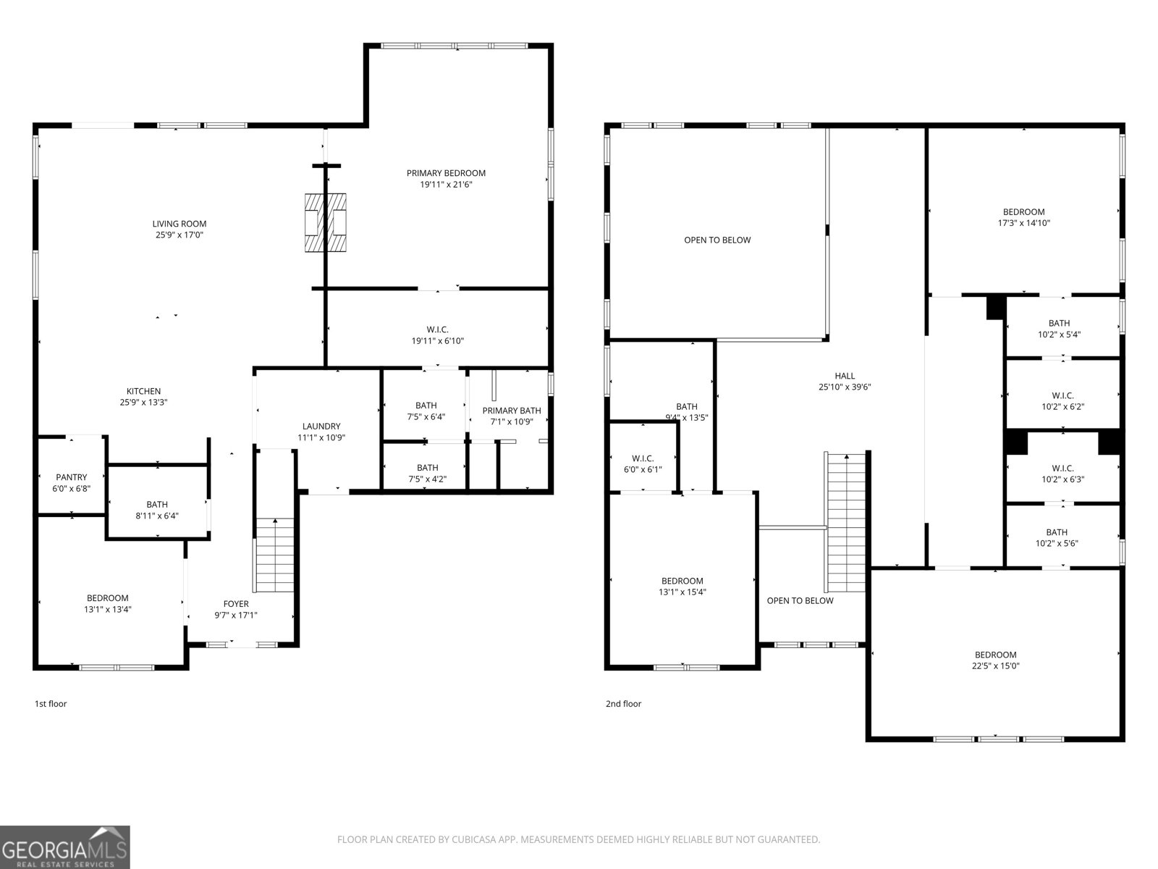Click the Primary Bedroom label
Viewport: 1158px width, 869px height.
coord(446,173)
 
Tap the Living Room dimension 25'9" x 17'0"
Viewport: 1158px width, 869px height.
coord(179,235)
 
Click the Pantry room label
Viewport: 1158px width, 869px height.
coord(72,477)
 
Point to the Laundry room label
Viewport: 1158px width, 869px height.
coord(321,427)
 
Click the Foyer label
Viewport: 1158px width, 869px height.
coord(236,604)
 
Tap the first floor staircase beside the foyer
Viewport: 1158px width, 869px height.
coord(274,555)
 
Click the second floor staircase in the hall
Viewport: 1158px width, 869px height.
coord(846,521)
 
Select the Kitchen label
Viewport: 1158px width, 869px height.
coord(144,391)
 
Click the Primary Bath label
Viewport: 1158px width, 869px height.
coord(512,411)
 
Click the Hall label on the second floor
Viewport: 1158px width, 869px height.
coord(845,376)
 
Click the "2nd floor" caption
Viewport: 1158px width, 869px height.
coord(623,704)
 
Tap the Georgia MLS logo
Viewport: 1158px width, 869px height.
coord(65,847)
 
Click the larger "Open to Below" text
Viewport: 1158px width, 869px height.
coord(717,240)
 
